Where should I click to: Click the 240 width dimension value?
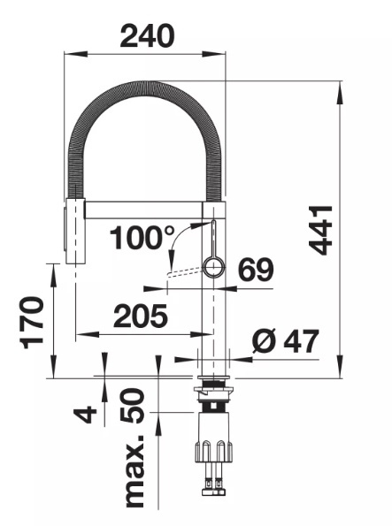147,35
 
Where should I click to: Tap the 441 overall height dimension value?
321,230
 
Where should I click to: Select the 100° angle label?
142,237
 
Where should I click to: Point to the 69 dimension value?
256,270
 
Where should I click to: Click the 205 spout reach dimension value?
141,316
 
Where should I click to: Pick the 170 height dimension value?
32,323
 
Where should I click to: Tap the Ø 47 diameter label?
285,341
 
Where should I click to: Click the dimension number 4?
85,414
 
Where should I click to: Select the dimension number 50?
133,405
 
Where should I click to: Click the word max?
135,471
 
